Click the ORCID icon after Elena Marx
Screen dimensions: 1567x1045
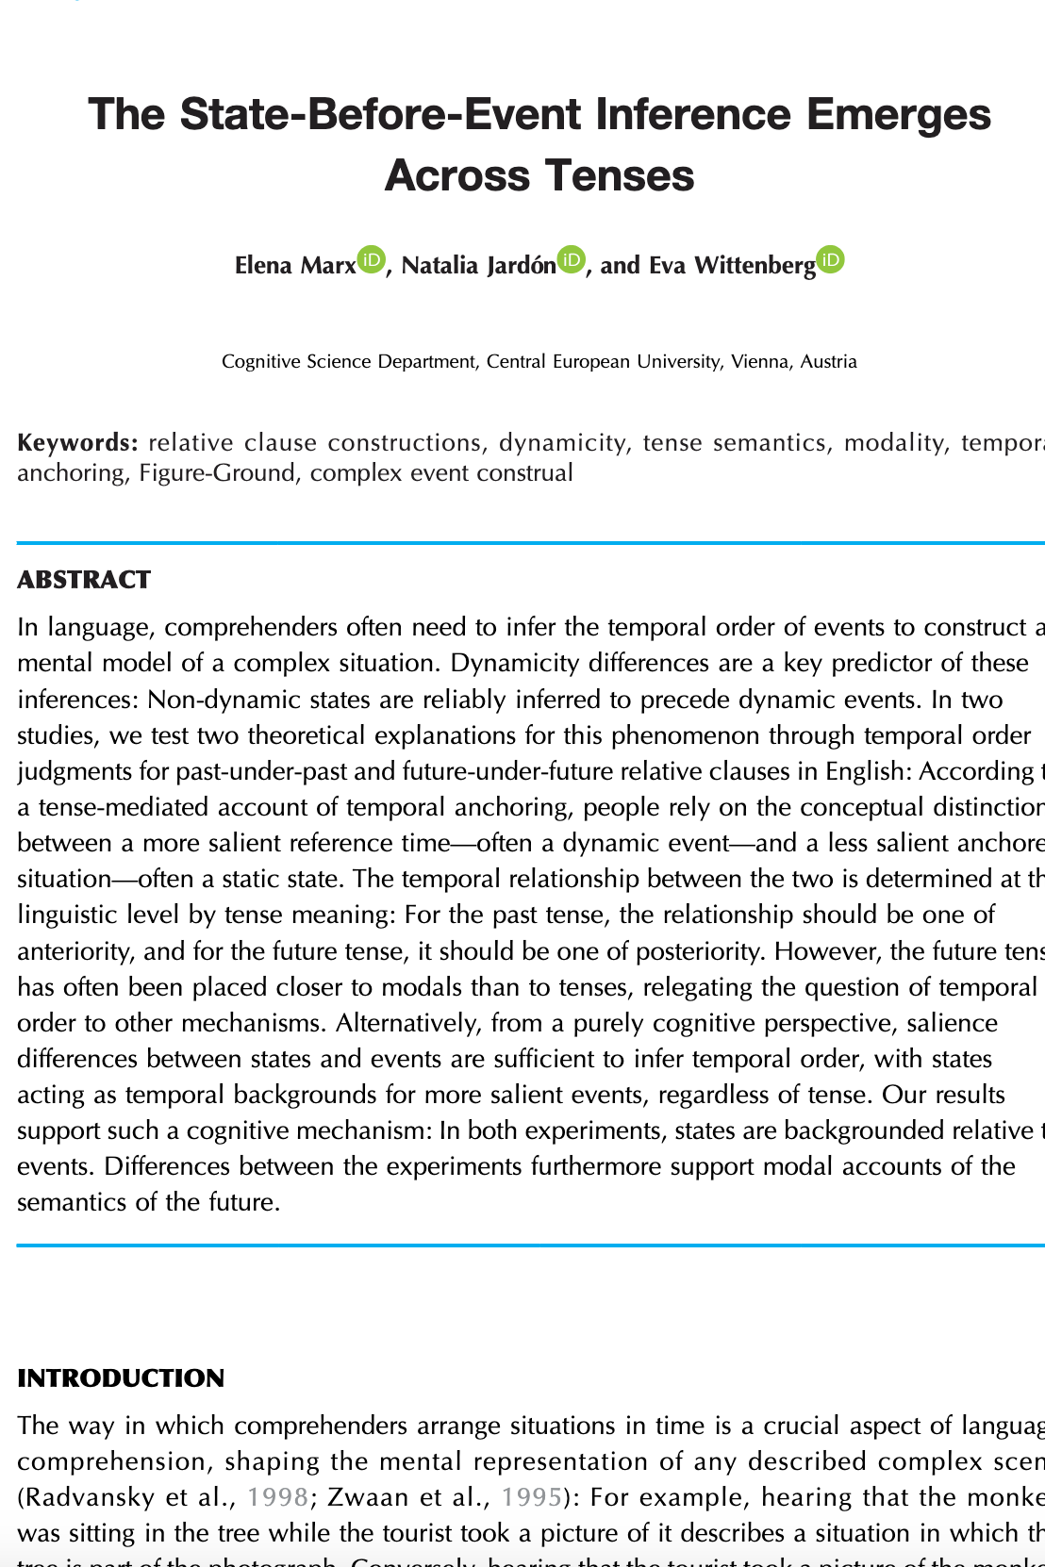pyautogui.click(x=372, y=259)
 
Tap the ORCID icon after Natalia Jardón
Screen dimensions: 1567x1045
pyautogui.click(x=572, y=259)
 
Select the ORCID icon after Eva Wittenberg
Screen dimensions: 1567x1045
pyautogui.click(x=830, y=259)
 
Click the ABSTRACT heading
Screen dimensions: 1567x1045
pyautogui.click(x=84, y=580)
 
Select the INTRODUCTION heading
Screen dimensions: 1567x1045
pyautogui.click(x=121, y=1378)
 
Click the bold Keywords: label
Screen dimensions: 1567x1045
pyautogui.click(x=78, y=442)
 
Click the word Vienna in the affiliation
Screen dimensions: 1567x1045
pyautogui.click(x=762, y=361)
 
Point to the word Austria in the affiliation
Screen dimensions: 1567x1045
pyautogui.click(x=829, y=361)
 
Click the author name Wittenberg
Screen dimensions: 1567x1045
pyautogui.click(x=755, y=265)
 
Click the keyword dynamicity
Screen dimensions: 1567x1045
pyautogui.click(x=562, y=442)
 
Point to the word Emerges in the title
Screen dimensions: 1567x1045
pyautogui.click(x=899, y=114)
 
